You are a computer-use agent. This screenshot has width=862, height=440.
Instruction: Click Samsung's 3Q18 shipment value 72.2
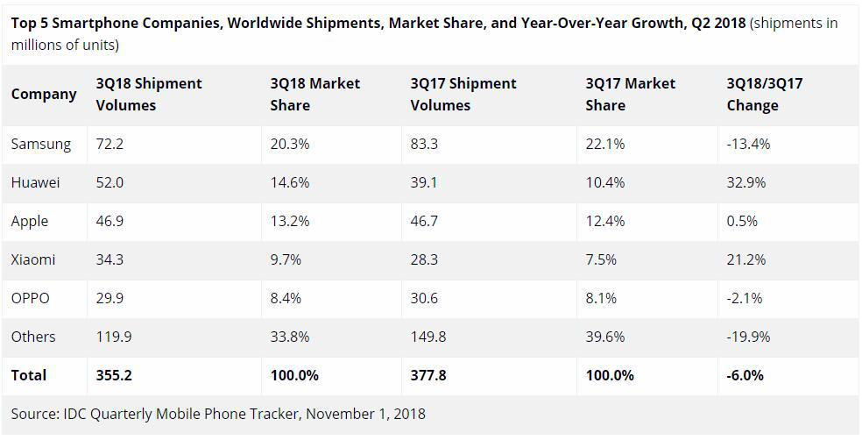[x=110, y=144]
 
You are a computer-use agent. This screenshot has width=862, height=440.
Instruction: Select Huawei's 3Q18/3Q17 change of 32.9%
[x=745, y=182]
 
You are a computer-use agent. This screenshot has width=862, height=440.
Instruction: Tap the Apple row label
[x=30, y=221]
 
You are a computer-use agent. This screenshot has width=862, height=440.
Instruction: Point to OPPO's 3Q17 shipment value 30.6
[x=424, y=298]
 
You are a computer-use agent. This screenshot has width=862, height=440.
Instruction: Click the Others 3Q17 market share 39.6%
[x=605, y=337]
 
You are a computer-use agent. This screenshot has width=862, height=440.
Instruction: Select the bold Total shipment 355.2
[x=113, y=375]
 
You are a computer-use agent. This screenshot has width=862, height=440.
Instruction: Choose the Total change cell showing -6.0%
[x=745, y=375]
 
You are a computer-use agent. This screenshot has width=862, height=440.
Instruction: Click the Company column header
[x=44, y=94]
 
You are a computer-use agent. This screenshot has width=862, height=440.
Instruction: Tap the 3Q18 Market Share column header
[x=314, y=94]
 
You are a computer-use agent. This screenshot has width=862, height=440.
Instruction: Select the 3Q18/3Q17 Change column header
[x=764, y=94]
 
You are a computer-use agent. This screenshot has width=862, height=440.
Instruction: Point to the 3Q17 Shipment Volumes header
[x=463, y=94]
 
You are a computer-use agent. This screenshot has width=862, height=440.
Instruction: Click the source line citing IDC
[x=218, y=413]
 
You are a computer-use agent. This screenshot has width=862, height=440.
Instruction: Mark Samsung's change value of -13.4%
[x=748, y=144]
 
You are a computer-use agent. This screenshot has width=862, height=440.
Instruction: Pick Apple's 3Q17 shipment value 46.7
[x=424, y=221]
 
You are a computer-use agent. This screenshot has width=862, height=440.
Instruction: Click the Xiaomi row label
[x=33, y=259]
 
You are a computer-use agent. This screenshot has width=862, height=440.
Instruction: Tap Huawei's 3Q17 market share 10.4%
[x=605, y=182]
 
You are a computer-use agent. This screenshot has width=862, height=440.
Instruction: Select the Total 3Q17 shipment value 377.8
[x=428, y=375]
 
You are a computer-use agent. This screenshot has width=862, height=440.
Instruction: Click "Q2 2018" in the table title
[x=717, y=23]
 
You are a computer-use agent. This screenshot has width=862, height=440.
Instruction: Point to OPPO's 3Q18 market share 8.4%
[x=286, y=298]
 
